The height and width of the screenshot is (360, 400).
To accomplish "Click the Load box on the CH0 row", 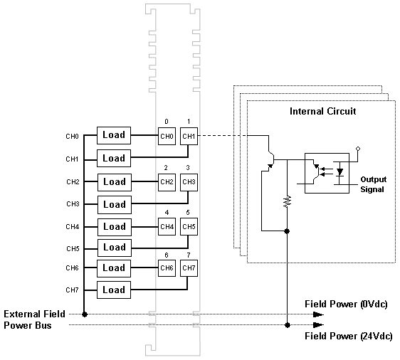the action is pyautogui.click(x=114, y=135).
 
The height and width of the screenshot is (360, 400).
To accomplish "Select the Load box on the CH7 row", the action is pyautogui.click(x=114, y=290).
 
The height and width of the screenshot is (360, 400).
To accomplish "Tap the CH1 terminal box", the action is pyautogui.click(x=189, y=136).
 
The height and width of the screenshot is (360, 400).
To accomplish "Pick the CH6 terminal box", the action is pyautogui.click(x=167, y=268).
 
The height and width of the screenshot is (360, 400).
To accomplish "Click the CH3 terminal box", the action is pyautogui.click(x=189, y=182).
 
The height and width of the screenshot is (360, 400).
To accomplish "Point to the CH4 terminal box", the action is pyautogui.click(x=167, y=226).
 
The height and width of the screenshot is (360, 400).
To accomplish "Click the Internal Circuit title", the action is pyautogui.click(x=322, y=112).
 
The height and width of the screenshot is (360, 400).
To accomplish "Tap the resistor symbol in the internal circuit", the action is pyautogui.click(x=288, y=201).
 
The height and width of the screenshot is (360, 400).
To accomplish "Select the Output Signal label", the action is pyautogui.click(x=373, y=184).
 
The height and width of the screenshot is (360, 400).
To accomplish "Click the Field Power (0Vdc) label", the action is pyautogui.click(x=346, y=305).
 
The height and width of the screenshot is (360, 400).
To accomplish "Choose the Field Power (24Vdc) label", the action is pyautogui.click(x=349, y=337).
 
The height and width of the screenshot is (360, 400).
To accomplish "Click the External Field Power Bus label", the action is pyautogui.click(x=34, y=319).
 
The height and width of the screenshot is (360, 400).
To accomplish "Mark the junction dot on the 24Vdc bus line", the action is pyautogui.click(x=288, y=325).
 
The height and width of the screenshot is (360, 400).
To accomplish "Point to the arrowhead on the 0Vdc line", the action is pyautogui.click(x=318, y=314).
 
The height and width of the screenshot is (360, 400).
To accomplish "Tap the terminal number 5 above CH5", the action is pyautogui.click(x=188, y=213).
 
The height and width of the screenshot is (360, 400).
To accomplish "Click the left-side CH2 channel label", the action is pyautogui.click(x=73, y=182).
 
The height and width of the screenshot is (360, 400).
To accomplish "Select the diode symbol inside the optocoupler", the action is pyautogui.click(x=340, y=173).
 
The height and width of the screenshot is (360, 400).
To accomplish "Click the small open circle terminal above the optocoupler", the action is pyautogui.click(x=358, y=149).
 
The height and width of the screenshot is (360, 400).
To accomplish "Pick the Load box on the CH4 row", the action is pyautogui.click(x=115, y=227).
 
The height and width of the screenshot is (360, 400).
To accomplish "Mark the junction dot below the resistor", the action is pyautogui.click(x=287, y=231).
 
